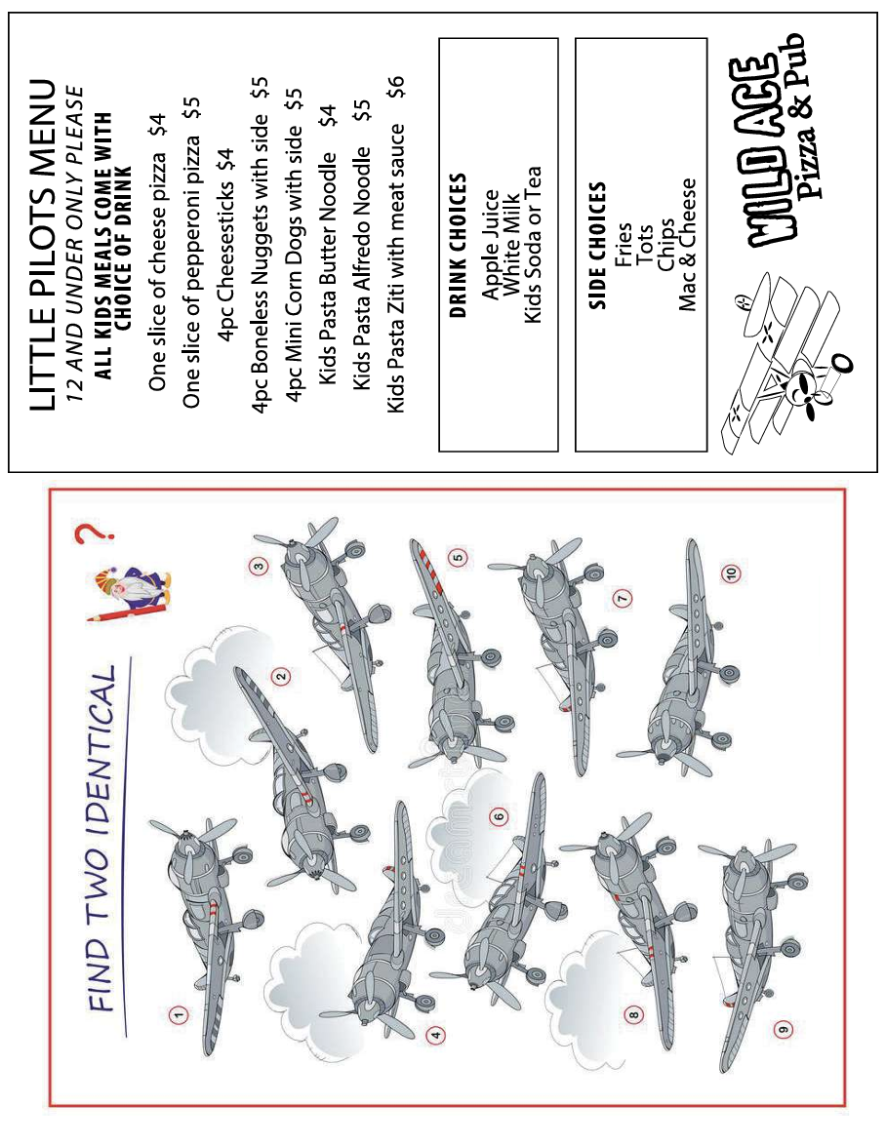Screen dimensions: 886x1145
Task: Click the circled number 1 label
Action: pos(179,1013)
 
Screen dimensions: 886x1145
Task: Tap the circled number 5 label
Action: pos(458,558)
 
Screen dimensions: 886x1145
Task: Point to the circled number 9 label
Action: pos(783,1030)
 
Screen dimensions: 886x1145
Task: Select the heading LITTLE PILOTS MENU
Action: pos(42,245)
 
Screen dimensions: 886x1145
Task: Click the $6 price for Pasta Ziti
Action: pos(395,86)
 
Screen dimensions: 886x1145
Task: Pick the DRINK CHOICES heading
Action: pos(458,245)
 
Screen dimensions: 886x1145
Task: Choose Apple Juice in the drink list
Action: pos(490,245)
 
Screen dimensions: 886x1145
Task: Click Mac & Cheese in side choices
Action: pos(687,245)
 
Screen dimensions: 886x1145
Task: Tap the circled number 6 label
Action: pos(500,816)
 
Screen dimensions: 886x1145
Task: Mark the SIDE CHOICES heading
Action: pos(597,245)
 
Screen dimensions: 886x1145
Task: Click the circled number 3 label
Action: pos(258,566)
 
